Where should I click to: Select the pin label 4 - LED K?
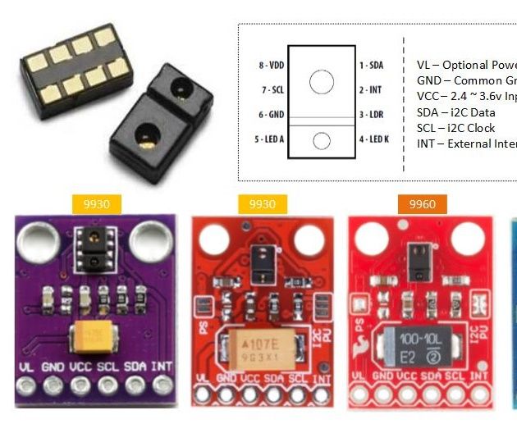[373, 139]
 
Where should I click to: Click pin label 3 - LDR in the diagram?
[371, 115]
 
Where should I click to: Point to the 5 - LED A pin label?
[269, 139]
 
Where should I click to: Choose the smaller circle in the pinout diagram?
[322, 140]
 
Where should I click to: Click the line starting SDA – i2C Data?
[455, 112]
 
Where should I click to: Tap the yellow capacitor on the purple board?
[92, 335]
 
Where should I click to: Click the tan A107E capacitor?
[259, 346]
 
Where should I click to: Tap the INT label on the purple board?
[162, 364]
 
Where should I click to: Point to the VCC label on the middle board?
[250, 379]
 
